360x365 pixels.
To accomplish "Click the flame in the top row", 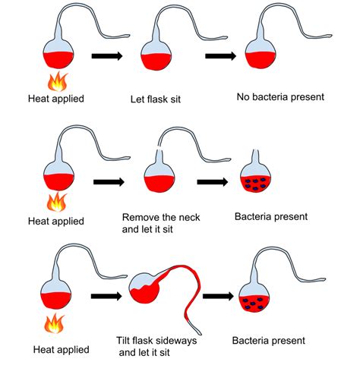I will tap(55, 81).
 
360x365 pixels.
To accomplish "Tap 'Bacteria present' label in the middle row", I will tap(270, 217).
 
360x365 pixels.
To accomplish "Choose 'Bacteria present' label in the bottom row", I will tap(269, 341).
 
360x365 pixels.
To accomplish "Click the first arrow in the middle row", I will tap(109, 182).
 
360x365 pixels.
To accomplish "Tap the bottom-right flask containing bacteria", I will tap(255, 300).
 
